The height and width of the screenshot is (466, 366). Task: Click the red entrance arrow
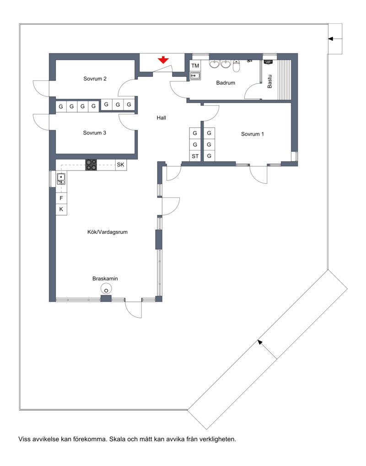tap(163, 60)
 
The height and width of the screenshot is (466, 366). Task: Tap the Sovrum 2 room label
tap(95, 79)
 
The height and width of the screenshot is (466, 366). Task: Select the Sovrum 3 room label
tap(95, 133)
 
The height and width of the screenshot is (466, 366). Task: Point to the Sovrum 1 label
tap(253, 134)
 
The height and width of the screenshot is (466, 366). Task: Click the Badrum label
tap(226, 83)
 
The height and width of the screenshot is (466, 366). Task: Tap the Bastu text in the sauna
tap(269, 81)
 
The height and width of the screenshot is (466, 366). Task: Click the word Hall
tap(161, 118)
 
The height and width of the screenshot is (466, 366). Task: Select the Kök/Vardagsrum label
tap(108, 232)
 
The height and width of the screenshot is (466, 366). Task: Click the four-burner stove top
tap(91, 165)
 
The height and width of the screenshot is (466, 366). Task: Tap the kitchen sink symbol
tap(61, 179)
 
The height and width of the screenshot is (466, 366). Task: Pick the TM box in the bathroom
tap(195, 66)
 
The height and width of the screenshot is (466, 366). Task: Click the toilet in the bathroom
tap(237, 66)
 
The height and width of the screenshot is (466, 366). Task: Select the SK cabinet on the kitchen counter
tap(121, 165)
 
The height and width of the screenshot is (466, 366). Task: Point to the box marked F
tap(61, 198)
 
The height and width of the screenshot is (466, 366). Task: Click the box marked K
tap(61, 209)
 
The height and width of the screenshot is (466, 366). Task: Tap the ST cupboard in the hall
tap(195, 156)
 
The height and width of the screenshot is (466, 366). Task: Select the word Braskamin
tap(105, 279)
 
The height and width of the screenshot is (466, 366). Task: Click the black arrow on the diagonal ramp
tap(267, 349)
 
